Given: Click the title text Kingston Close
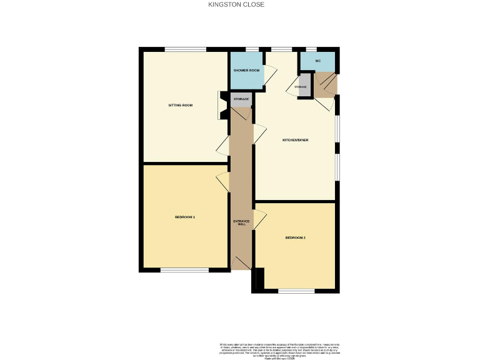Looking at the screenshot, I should point(236,4).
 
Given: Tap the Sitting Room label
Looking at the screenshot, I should point(180,105).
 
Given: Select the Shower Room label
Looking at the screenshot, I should point(246,71).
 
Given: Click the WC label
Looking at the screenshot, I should point(317,61).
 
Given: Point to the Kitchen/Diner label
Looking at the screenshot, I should point(295,140).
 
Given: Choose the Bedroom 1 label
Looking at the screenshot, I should point(185,217).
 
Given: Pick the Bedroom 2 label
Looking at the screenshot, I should point(295,237).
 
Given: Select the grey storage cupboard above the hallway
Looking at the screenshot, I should point(241,100).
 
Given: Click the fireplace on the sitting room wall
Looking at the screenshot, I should point(222,105).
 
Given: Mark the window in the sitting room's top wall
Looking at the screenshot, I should point(185,49).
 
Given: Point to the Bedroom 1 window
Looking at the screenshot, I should point(184,270).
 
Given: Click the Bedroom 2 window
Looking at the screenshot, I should point(296,291).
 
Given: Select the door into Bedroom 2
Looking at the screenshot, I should point(260,220).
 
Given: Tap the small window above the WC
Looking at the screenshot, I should point(311,49).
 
